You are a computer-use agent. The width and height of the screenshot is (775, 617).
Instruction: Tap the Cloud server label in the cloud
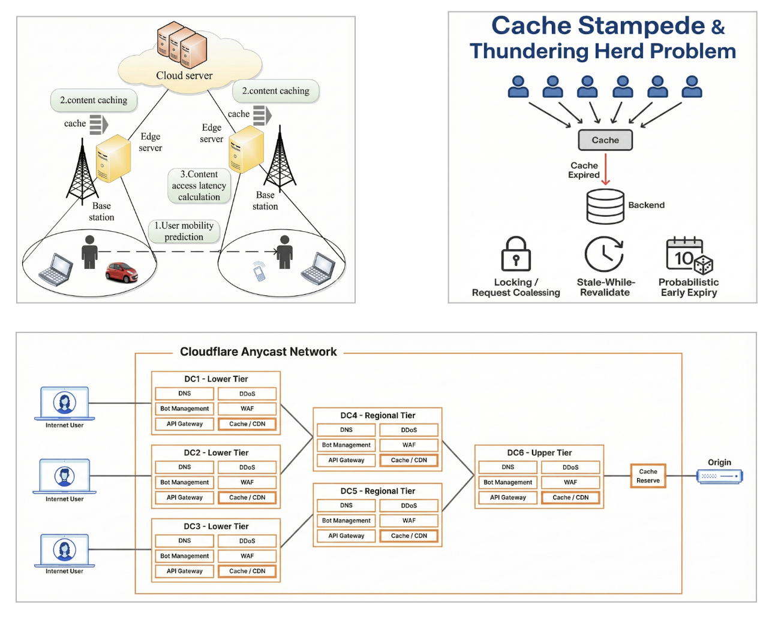coord(184,75)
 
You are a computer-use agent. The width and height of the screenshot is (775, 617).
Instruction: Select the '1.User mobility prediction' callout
coord(184,231)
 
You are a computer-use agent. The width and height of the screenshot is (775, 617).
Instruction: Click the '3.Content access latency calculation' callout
coord(199,186)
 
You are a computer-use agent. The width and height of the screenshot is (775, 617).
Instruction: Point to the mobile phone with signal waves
coord(259,271)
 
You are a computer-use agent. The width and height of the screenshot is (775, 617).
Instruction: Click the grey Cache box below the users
coord(605,140)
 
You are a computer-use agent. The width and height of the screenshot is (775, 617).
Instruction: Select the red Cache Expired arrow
coord(606,169)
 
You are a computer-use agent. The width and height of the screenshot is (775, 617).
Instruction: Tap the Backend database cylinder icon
coord(605,206)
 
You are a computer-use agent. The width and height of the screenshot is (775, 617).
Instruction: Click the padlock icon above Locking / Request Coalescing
coord(516,255)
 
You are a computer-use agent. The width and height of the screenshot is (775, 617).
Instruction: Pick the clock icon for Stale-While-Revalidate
coord(604,255)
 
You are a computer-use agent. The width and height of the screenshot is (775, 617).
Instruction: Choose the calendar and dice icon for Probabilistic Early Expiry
coord(689,255)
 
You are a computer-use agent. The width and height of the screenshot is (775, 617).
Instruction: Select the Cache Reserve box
coord(648,476)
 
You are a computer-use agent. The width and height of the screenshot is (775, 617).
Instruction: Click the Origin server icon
coord(719,476)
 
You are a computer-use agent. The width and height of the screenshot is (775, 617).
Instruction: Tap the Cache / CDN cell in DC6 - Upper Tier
coord(570,497)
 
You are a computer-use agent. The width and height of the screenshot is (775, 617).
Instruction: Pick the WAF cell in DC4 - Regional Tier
coord(408,445)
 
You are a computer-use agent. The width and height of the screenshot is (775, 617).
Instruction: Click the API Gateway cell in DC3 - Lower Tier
coord(185,571)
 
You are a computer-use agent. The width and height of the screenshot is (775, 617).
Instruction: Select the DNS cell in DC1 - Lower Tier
coord(185,394)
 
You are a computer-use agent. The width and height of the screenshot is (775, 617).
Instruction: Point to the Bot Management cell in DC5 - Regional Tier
coord(346,521)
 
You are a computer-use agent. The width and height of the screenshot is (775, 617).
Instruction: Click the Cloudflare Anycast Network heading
coord(258,352)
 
